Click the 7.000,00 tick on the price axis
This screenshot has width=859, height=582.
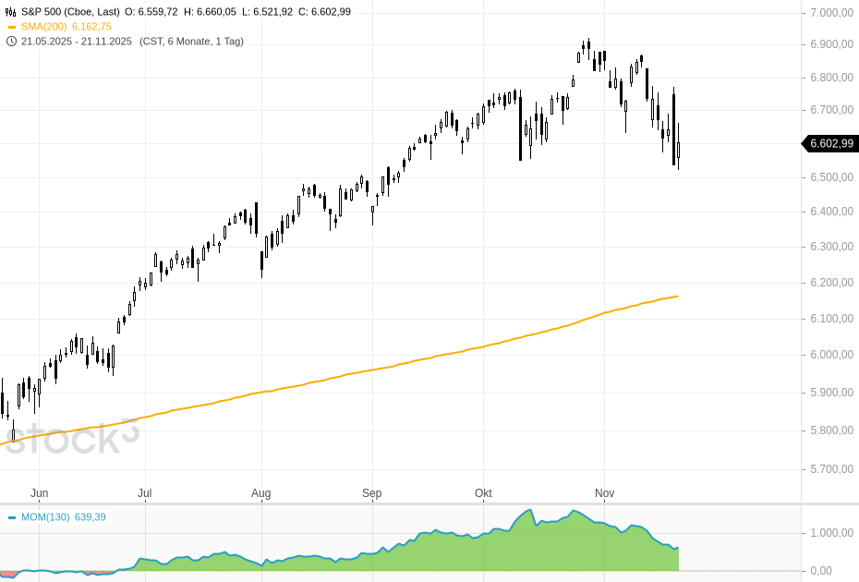830,12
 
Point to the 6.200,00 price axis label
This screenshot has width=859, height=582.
830,282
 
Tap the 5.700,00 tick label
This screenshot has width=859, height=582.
830,468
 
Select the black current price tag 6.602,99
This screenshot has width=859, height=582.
830,143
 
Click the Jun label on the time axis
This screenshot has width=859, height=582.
39,493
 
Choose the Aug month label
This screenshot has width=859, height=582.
260,493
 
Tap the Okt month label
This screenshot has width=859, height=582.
483,493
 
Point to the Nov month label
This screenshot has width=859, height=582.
604,493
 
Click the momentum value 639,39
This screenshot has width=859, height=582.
91,516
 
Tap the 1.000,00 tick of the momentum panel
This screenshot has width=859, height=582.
830,533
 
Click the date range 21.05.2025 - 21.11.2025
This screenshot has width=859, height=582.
77,42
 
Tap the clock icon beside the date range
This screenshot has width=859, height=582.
11,42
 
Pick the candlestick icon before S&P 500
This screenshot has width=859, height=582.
11,12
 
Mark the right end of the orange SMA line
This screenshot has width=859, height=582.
678,297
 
